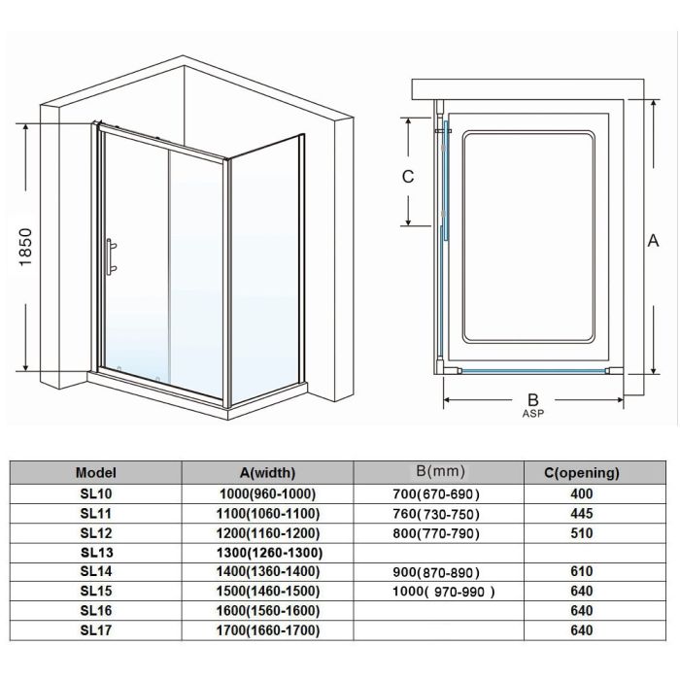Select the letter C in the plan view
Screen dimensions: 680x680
pyautogui.click(x=409, y=177)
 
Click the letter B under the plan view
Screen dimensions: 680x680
pyautogui.click(x=531, y=398)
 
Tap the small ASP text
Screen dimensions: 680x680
pyautogui.click(x=531, y=414)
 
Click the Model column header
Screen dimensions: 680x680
pyautogui.click(x=95, y=473)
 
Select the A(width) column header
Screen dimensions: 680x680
pyautogui.click(x=267, y=473)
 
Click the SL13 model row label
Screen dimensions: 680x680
pyautogui.click(x=95, y=553)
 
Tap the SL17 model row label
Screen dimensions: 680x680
pyautogui.click(x=95, y=631)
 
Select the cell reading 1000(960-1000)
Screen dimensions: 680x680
pyautogui.click(x=267, y=493)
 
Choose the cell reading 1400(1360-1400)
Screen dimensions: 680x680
pyautogui.click(x=267, y=572)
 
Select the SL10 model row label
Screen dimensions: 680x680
pyautogui.click(x=95, y=493)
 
